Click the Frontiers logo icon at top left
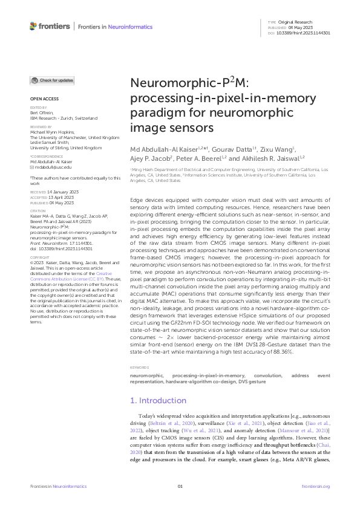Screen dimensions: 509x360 coord(33,27)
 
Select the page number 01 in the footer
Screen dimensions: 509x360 coord(180,486)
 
